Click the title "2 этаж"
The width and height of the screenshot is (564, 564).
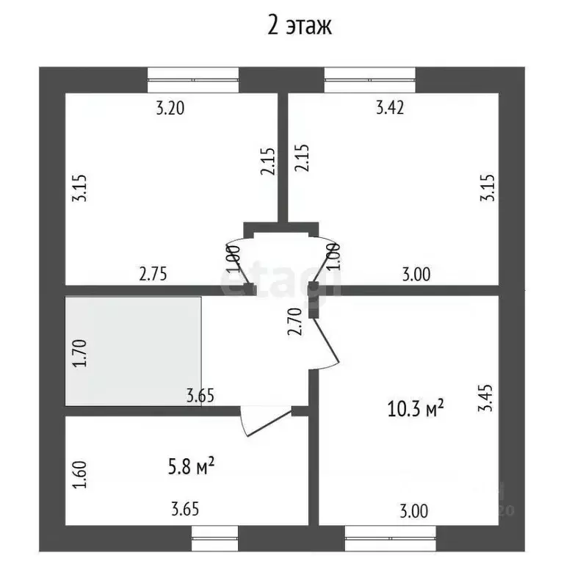[300, 26]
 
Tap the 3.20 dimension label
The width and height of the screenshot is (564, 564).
[170, 108]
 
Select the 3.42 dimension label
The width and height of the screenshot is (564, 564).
[390, 107]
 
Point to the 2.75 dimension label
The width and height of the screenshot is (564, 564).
[153, 274]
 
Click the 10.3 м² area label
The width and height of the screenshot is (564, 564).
[416, 408]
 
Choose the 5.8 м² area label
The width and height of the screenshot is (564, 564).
[191, 466]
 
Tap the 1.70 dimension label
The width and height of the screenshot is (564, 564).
[80, 352]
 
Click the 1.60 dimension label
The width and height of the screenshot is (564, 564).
[80, 474]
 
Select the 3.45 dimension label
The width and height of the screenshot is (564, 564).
[485, 398]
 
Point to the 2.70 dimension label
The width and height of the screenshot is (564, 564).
[295, 322]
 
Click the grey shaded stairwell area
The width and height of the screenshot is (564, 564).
[133, 351]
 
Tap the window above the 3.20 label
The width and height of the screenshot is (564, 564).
[193, 80]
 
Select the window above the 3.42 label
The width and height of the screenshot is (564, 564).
[370, 80]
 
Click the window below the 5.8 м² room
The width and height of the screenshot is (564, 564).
[214, 538]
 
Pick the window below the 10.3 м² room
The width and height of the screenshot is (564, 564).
[390, 538]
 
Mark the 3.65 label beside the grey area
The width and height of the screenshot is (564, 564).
[200, 396]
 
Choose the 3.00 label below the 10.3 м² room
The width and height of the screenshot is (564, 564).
[414, 511]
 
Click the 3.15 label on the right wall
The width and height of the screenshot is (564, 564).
[488, 188]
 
